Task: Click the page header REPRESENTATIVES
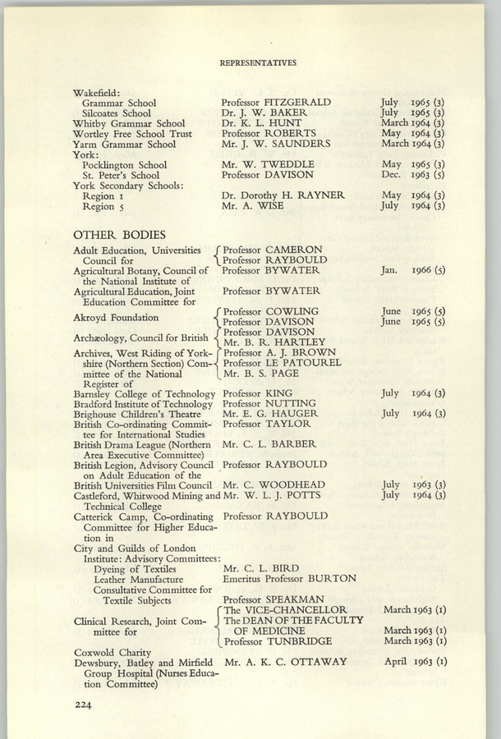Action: point(257,62)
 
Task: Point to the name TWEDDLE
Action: point(295,164)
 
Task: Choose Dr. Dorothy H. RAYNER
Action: point(283,195)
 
